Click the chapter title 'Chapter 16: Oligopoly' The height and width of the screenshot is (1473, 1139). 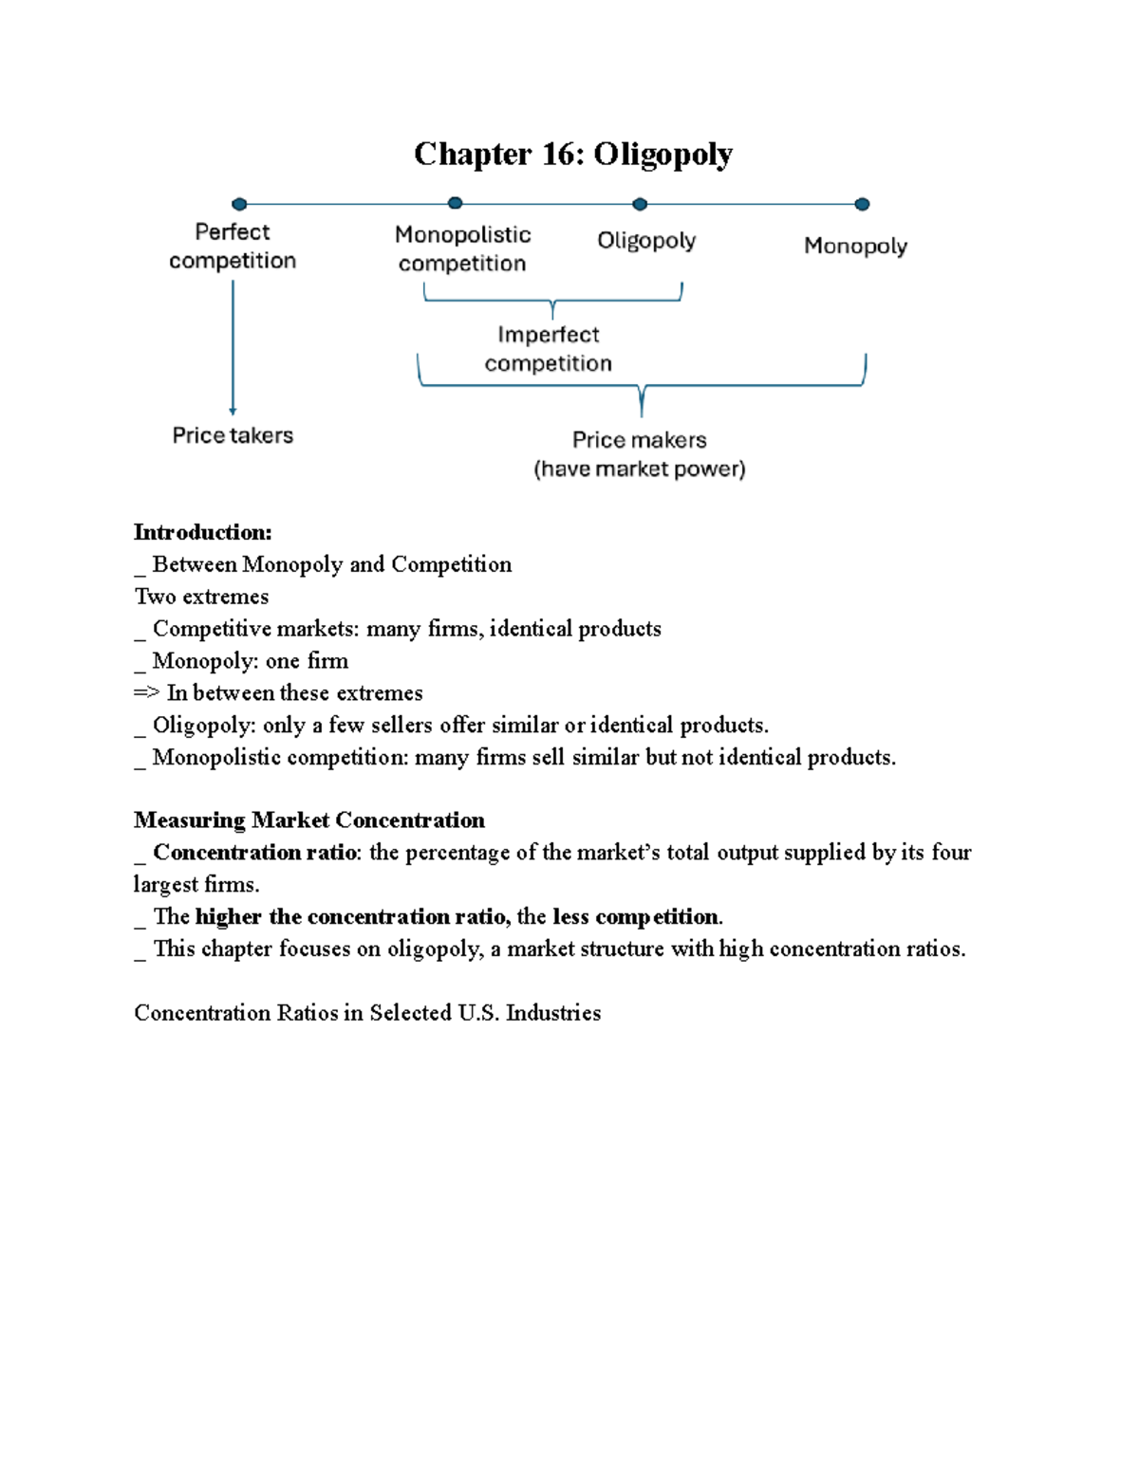[x=572, y=154]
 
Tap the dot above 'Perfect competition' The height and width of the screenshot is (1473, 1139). [x=239, y=204]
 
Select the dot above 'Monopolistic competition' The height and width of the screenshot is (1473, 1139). [x=455, y=203]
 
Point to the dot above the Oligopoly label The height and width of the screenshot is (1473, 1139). [x=640, y=204]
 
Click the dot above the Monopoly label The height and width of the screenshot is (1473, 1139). [x=862, y=204]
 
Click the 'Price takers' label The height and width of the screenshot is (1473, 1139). [x=233, y=435]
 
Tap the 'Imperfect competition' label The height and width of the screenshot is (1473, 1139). [x=549, y=349]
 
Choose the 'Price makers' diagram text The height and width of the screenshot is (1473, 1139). [x=639, y=440]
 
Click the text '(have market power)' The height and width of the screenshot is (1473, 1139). [x=639, y=469]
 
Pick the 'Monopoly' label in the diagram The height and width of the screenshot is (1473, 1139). [x=855, y=246]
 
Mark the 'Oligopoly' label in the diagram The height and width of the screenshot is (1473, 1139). [x=646, y=241]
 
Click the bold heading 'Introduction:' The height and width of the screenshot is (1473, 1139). [x=202, y=532]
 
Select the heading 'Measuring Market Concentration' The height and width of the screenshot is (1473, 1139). [x=308, y=820]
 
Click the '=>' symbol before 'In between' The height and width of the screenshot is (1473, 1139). [x=146, y=693]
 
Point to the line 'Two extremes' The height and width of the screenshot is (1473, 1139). [x=201, y=597]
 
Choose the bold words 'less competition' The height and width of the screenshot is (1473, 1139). [x=635, y=917]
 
